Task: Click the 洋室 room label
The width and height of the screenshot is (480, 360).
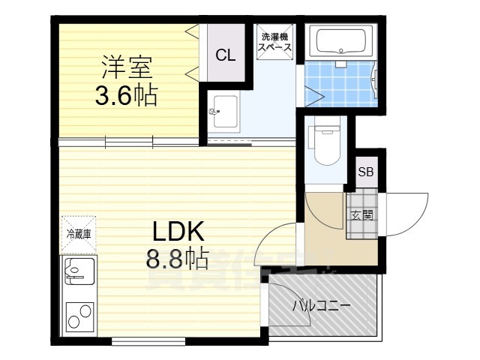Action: click(127, 67)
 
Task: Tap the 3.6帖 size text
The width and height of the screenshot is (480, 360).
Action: click(126, 96)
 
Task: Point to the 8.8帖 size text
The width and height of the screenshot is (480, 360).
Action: click(178, 259)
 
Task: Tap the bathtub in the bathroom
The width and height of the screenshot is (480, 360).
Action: click(340, 41)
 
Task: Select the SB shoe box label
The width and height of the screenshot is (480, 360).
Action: click(366, 172)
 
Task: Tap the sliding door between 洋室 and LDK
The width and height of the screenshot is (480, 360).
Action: click(127, 141)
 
